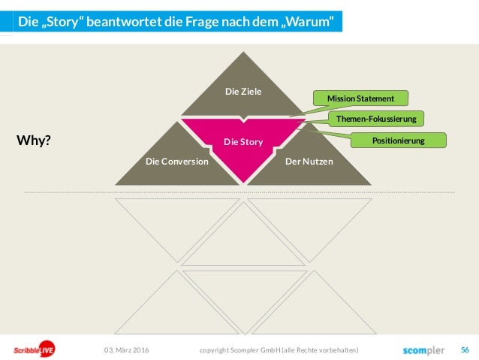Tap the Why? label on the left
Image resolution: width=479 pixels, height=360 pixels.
click(33, 141)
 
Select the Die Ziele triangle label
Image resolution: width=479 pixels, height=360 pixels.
click(243, 92)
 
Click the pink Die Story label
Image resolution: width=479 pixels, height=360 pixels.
click(242, 141)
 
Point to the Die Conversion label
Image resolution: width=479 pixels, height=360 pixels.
click(177, 161)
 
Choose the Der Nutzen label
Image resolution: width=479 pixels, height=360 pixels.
click(309, 161)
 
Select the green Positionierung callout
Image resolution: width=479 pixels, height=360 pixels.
click(399, 140)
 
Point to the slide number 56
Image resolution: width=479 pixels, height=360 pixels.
click(465, 349)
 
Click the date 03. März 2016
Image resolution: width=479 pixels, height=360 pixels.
click(126, 350)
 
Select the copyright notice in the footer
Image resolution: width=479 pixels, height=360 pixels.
click(279, 350)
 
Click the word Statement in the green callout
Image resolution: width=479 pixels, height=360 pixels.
click(375, 98)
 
